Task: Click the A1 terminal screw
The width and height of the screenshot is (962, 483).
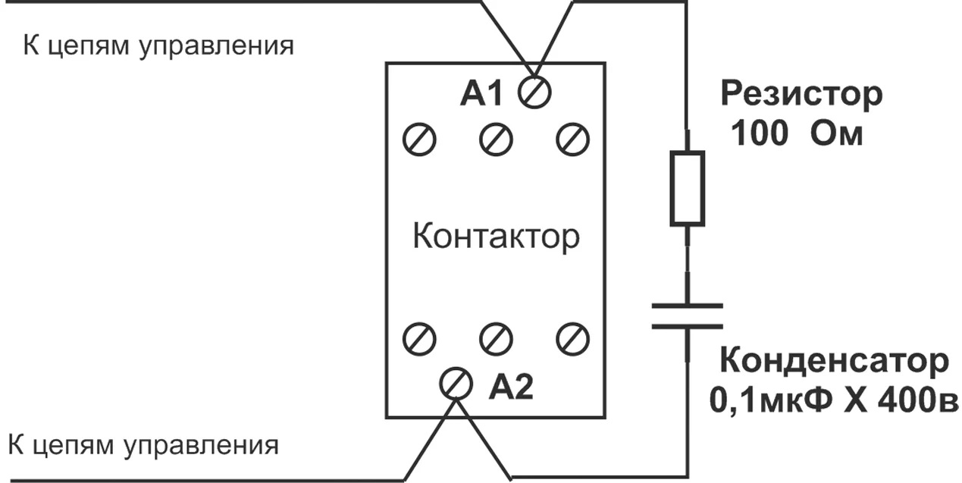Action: [535, 93]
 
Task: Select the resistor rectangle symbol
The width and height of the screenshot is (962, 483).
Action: [687, 187]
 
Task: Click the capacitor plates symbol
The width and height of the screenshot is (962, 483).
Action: [687, 316]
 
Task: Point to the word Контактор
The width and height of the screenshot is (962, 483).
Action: [496, 237]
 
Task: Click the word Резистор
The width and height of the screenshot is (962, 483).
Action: [801, 95]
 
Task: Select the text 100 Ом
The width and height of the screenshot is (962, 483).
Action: [796, 135]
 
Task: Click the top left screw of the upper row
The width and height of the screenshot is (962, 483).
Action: [418, 139]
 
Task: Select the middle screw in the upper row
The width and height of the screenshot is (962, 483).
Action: [496, 139]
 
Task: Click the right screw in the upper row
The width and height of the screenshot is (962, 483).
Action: [572, 139]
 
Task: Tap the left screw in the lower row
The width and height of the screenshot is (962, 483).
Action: [418, 338]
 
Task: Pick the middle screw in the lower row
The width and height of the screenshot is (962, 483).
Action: [496, 338]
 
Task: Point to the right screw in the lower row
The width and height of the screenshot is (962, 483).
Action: [572, 338]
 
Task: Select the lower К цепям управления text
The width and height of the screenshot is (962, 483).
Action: [144, 444]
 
